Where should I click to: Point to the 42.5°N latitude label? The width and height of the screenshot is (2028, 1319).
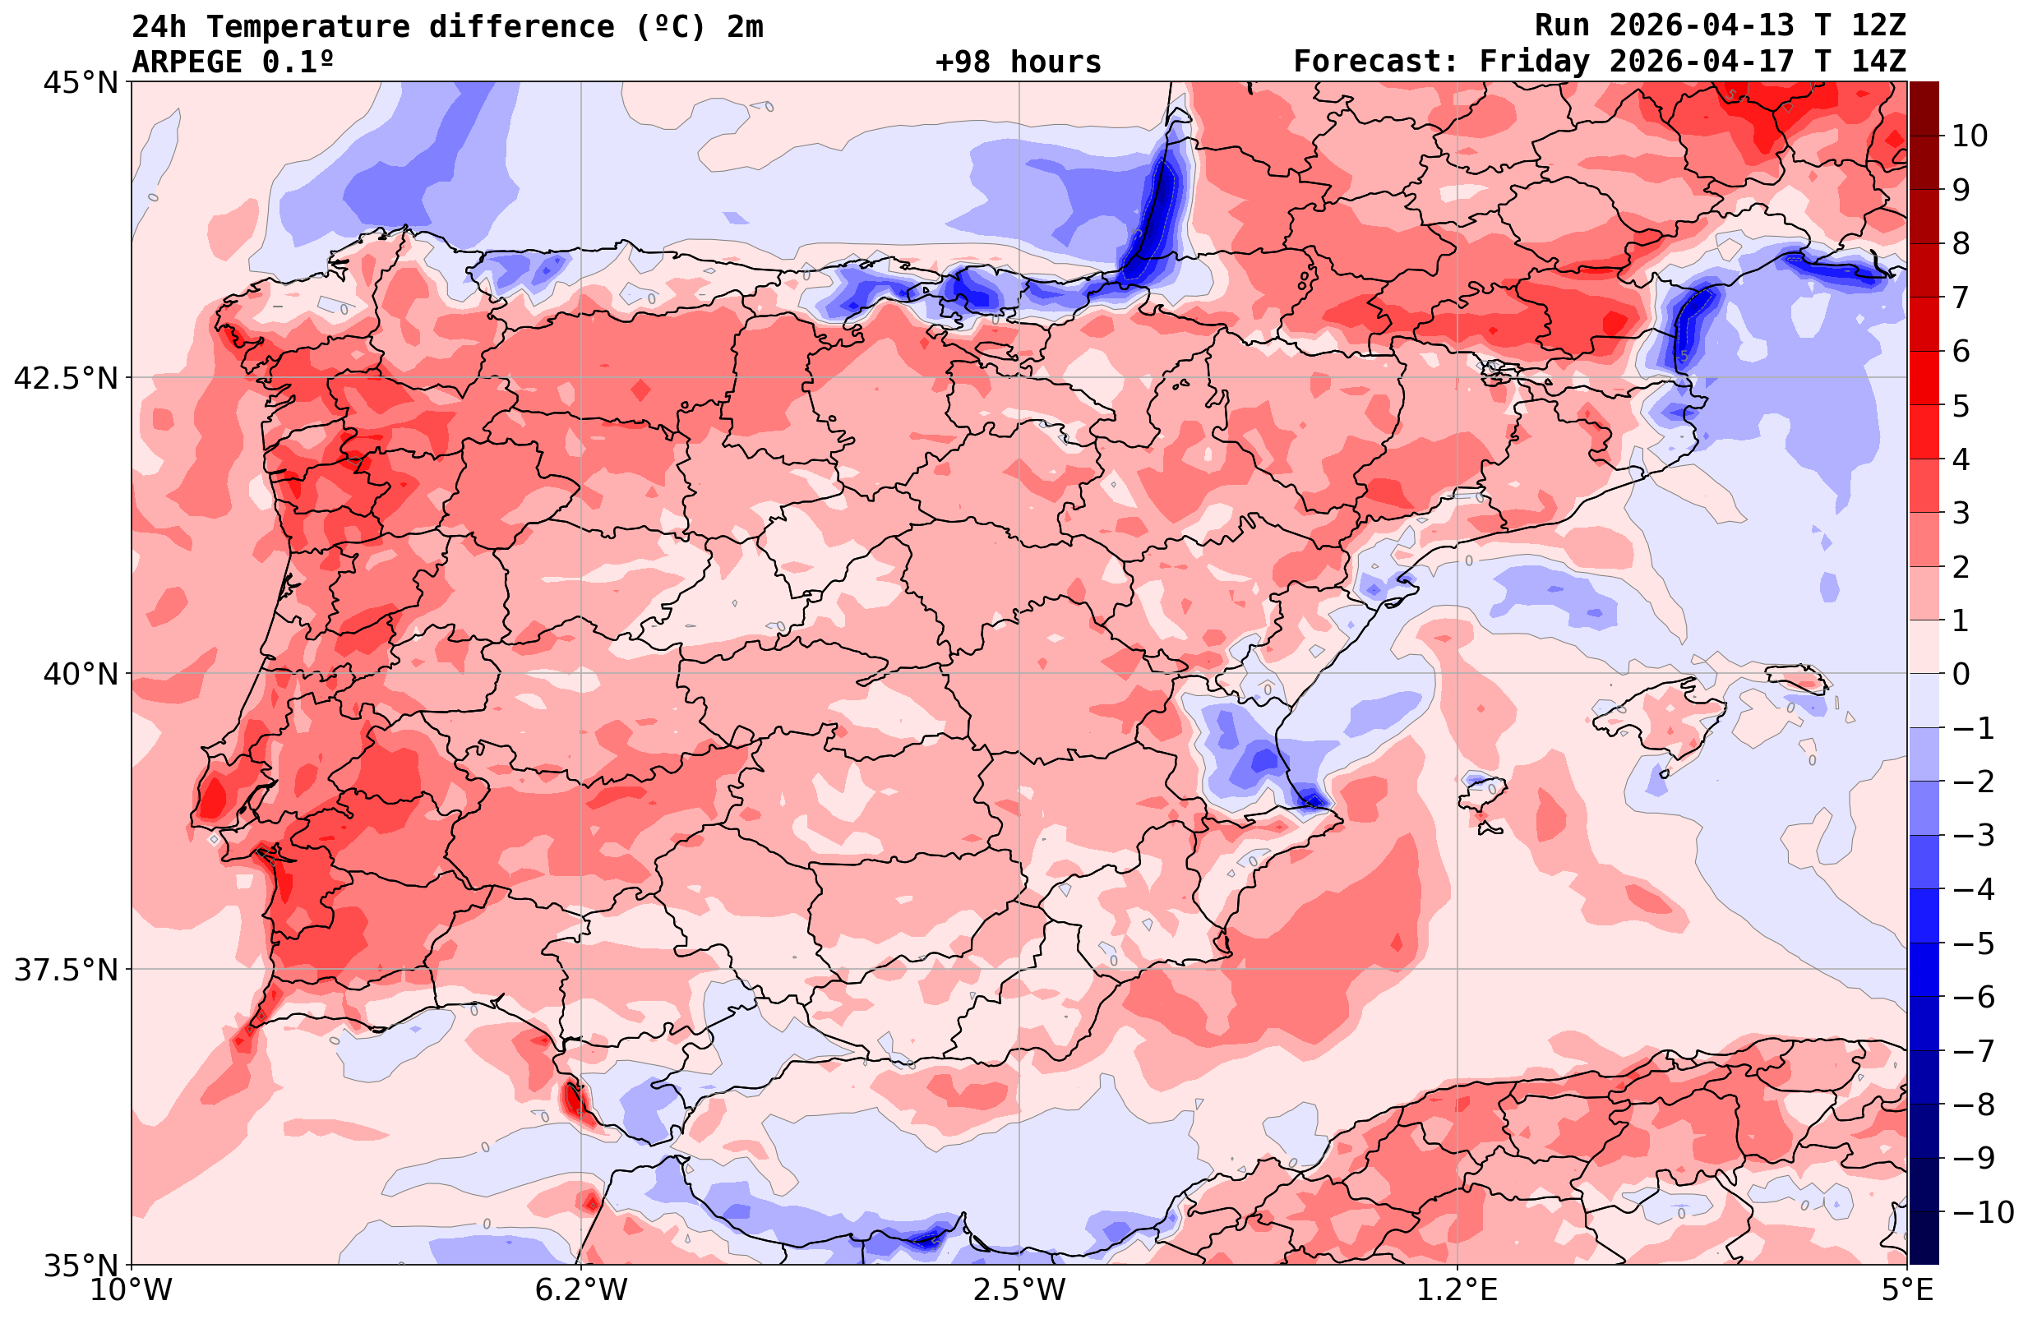[66, 377]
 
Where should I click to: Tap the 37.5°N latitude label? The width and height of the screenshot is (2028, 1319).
[66, 970]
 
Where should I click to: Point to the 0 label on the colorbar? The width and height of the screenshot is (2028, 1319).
[1961, 674]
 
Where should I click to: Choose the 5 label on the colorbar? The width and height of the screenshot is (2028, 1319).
[1961, 406]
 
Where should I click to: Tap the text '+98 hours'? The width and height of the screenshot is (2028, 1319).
[1019, 62]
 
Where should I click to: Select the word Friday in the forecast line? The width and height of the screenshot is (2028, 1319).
[1534, 62]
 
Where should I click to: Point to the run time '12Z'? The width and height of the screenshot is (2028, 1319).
[1878, 26]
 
